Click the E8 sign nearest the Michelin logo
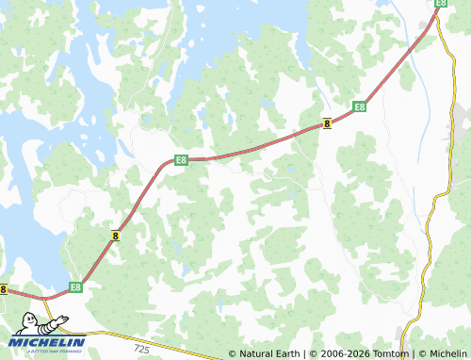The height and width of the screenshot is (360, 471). coord(75,286)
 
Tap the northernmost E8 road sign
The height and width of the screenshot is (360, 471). coord(440,4)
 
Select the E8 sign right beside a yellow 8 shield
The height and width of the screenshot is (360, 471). coord(359,107)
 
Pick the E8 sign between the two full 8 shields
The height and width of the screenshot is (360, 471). coord(181,160)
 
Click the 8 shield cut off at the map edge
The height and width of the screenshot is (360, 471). coord(4,290)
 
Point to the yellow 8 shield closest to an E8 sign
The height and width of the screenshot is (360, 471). coord(327,123)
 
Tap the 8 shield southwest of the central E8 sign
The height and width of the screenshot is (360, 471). coord(115,237)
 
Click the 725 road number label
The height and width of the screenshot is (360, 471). coord(141,349)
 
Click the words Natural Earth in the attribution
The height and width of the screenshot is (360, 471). coord(269,354)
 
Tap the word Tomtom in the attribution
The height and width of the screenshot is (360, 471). coord(393,354)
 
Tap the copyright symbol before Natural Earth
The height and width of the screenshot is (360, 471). coord(232,354)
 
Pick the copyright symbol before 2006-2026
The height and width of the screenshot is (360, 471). coord(313,354)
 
